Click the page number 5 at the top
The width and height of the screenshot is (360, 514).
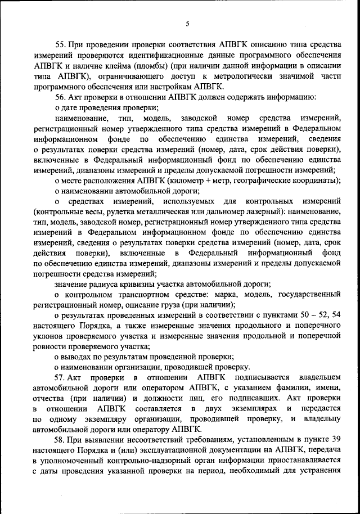[187, 23]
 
